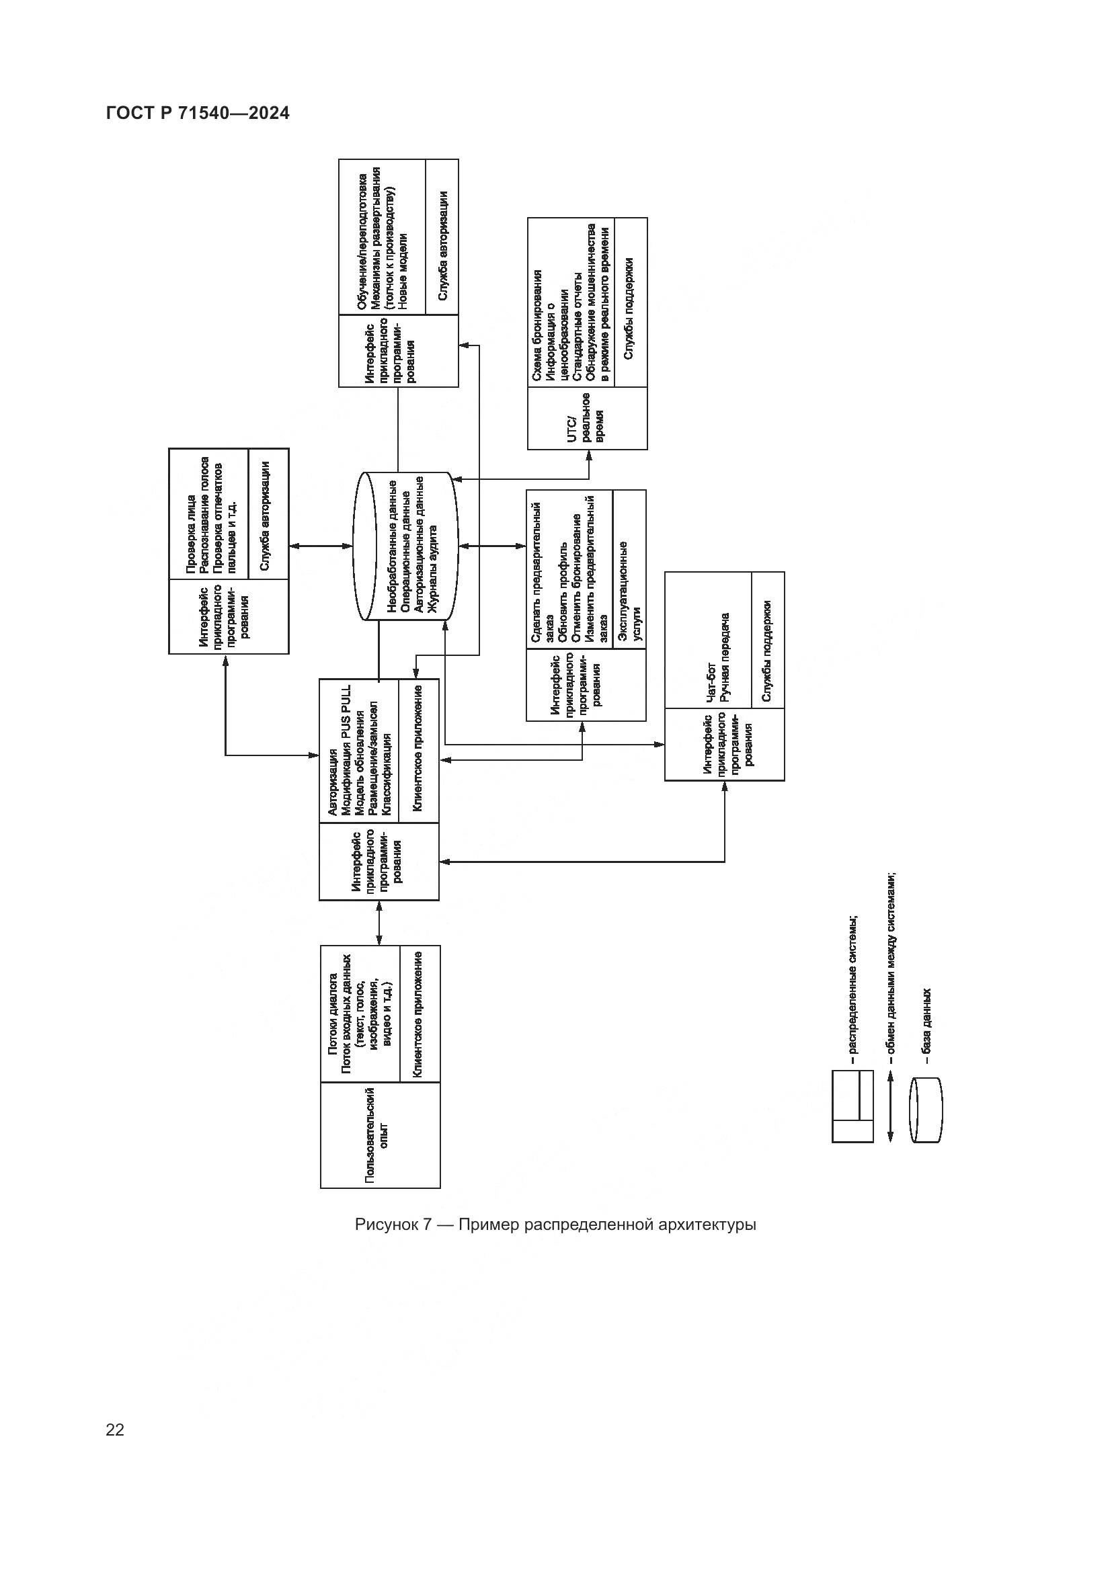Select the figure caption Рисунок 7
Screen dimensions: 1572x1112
click(555, 1224)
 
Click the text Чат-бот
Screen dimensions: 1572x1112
click(711, 681)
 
